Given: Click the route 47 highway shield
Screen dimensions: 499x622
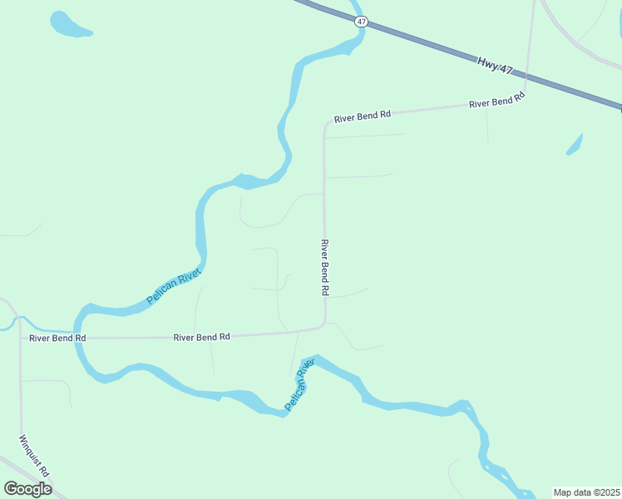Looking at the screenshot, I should click(x=361, y=22).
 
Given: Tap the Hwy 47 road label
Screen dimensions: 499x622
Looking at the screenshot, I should click(x=495, y=65).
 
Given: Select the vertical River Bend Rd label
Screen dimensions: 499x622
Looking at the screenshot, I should click(x=325, y=268).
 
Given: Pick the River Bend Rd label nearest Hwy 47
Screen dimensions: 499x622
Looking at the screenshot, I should click(x=497, y=101).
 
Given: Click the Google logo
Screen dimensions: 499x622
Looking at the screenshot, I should click(x=27, y=488).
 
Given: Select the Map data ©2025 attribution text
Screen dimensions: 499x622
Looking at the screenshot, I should click(x=586, y=492).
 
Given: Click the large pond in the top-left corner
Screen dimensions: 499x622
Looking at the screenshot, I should click(x=67, y=24).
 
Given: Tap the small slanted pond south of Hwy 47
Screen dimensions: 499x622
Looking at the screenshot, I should click(x=574, y=144).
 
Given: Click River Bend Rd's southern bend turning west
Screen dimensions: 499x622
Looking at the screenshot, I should click(x=323, y=325).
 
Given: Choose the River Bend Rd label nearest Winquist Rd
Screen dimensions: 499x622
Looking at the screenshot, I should click(x=57, y=338).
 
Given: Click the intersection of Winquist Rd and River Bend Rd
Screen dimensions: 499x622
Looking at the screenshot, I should click(x=20, y=338).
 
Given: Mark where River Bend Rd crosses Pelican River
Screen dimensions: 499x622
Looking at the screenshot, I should click(x=79, y=338).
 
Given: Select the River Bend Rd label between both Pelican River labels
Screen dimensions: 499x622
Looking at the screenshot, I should click(x=201, y=337).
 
